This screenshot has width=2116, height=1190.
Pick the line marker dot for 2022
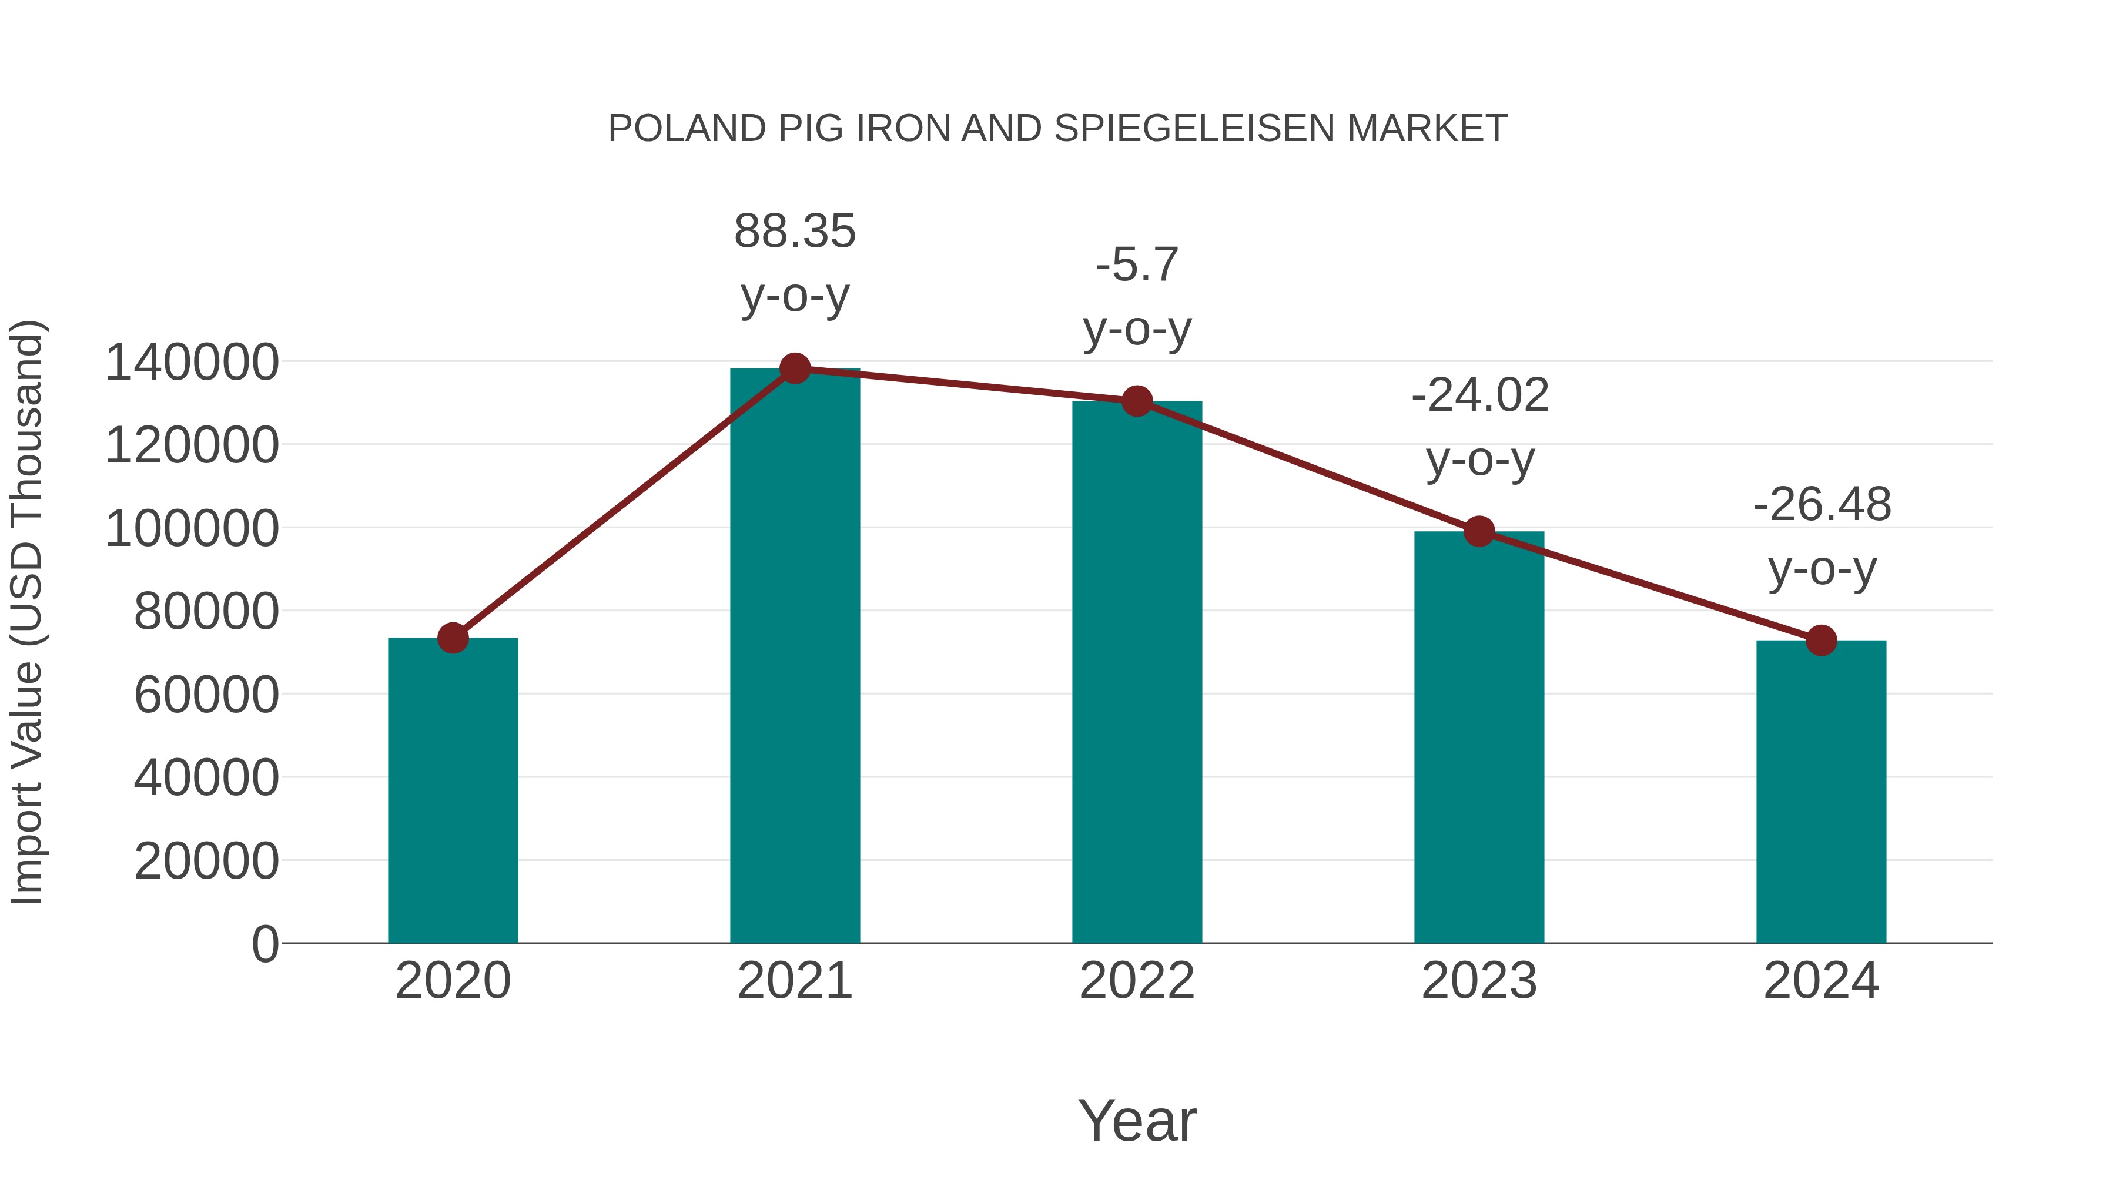[1137, 401]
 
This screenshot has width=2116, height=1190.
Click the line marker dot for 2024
[1821, 641]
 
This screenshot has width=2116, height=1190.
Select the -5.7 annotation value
[1137, 264]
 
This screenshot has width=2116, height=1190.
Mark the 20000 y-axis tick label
[206, 862]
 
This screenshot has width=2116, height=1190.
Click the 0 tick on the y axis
[264, 944]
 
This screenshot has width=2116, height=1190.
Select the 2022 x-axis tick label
[1137, 981]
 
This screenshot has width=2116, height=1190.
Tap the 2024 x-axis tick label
[1821, 981]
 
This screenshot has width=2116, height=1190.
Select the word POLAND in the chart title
[687, 129]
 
